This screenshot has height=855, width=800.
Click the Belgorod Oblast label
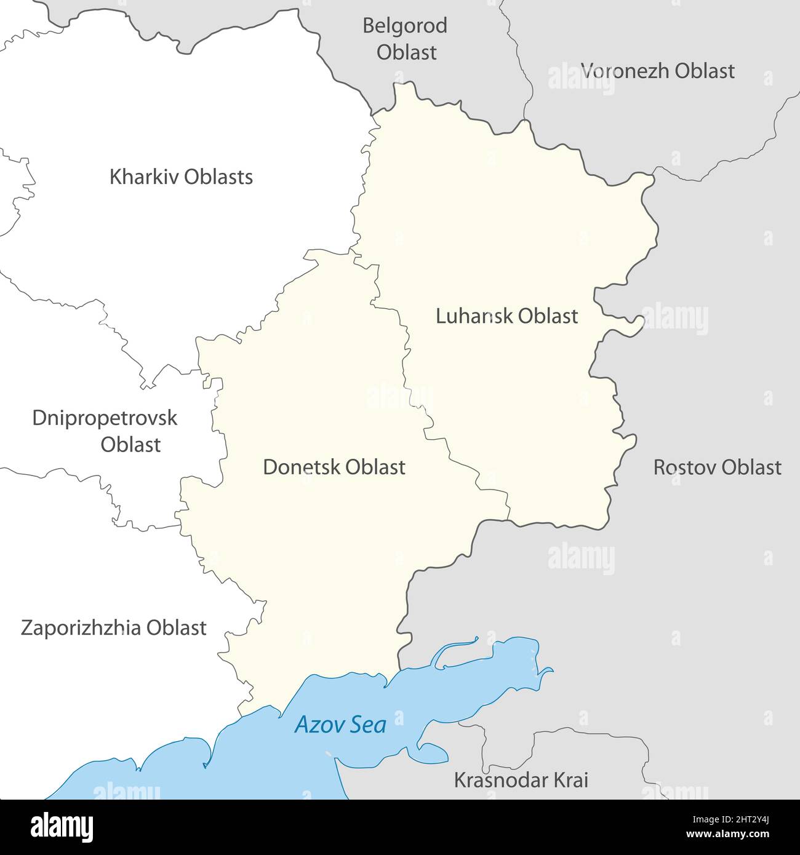coord(405,39)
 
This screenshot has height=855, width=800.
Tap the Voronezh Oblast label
coord(657,71)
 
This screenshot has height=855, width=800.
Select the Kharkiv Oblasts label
coord(181,177)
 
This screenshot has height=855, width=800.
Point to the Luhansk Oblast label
coord(506,316)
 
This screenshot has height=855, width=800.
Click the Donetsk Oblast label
coord(334,467)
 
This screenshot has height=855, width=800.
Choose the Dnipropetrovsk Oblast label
coord(105,431)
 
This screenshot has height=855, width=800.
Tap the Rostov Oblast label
coord(717,467)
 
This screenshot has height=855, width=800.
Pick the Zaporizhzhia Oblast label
coord(114,628)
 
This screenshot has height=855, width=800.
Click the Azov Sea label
coord(340,725)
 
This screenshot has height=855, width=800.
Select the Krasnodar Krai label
coord(521,780)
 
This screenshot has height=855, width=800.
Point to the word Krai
coord(571,780)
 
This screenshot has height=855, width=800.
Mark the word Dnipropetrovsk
coord(105,418)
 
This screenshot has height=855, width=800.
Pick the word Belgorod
coord(405,26)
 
